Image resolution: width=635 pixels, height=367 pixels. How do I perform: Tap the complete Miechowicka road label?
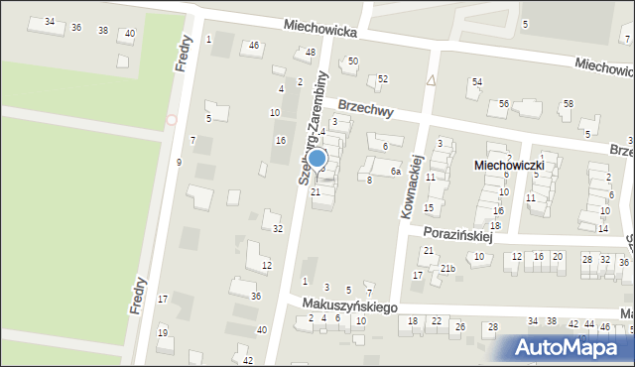click(x=318, y=31)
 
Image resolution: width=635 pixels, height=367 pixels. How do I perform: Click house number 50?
click(x=352, y=61)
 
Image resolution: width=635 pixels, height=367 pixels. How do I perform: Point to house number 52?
click(x=383, y=78)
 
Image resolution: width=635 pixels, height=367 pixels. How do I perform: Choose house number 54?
click(x=477, y=81)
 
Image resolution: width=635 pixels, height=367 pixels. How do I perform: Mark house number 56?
click(x=504, y=103)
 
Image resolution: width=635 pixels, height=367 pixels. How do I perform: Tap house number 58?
click(x=568, y=103)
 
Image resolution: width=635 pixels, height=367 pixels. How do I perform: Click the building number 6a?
click(x=395, y=172)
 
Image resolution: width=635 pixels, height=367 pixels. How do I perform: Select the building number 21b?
click(x=448, y=268)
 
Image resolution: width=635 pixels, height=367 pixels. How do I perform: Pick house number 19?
click(x=162, y=332)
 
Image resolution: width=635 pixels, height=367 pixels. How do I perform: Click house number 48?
click(x=311, y=53)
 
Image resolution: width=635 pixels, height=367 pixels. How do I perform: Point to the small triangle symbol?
click(x=431, y=79)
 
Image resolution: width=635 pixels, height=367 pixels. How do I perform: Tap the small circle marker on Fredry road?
click(x=171, y=120)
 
